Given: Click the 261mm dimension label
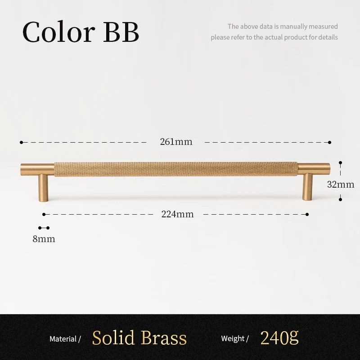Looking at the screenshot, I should pyautogui.click(x=176, y=142).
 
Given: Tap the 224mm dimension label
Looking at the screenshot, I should pyautogui.click(x=177, y=214).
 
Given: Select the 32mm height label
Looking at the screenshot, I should pyautogui.click(x=341, y=184).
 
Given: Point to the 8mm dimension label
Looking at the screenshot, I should pyautogui.click(x=44, y=239).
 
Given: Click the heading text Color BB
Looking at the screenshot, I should pyautogui.click(x=81, y=32).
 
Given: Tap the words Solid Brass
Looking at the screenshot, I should pyautogui.click(x=139, y=338).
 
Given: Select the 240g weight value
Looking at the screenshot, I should pyautogui.click(x=279, y=337).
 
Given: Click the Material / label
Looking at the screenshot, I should pyautogui.click(x=65, y=339).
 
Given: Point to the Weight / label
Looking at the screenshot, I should pyautogui.click(x=235, y=339).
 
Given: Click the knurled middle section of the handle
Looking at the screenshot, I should pyautogui.click(x=175, y=168).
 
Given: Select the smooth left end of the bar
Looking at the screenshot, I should pyautogui.click(x=37, y=168).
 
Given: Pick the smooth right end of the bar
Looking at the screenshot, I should pyautogui.click(x=314, y=168).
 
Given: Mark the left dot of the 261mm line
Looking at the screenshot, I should pyautogui.click(x=21, y=142).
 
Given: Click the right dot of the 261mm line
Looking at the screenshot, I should pyautogui.click(x=330, y=142).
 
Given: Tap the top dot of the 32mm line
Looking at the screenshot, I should pyautogui.click(x=341, y=162).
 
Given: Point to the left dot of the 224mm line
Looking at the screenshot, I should pyautogui.click(x=44, y=214).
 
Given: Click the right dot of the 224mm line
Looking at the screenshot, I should pyautogui.click(x=308, y=214).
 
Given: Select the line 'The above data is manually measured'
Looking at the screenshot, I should pyautogui.click(x=283, y=27).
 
